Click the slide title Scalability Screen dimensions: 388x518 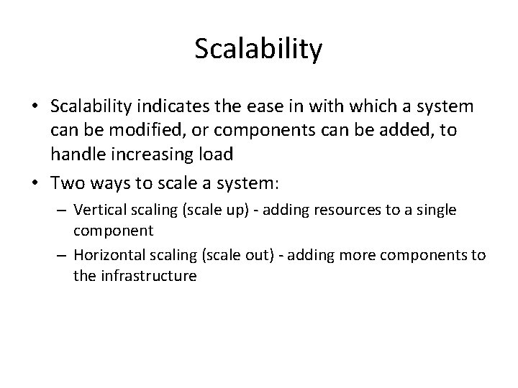click(x=259, y=49)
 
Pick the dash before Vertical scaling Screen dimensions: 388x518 click(x=64, y=210)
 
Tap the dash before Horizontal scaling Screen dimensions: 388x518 click(x=64, y=257)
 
